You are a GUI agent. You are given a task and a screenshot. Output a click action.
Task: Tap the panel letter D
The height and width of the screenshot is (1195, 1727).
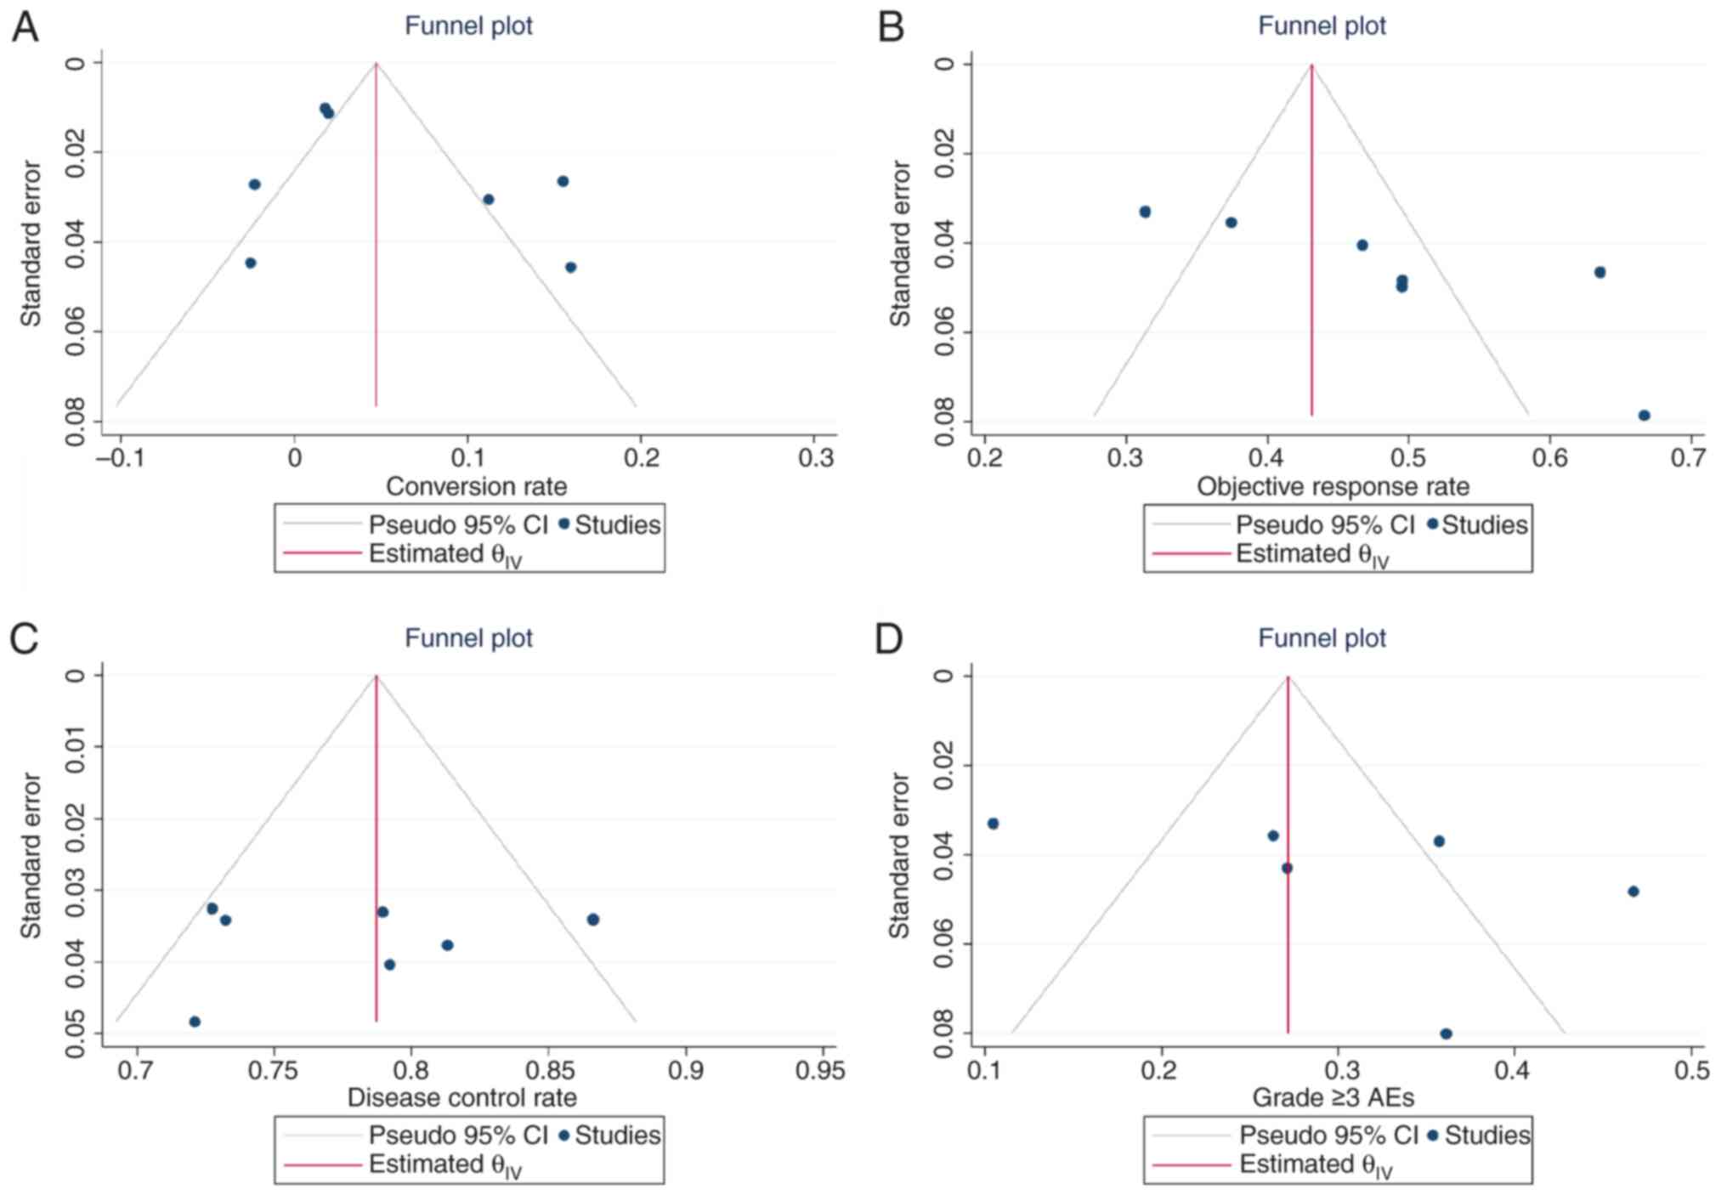tap(888, 638)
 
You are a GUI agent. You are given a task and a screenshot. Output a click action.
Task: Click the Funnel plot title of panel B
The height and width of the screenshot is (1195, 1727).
tap(1322, 25)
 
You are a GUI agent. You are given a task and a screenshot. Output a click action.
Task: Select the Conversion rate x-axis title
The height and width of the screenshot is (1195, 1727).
tap(476, 486)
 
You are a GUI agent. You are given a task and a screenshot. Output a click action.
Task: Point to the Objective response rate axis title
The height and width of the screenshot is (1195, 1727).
tap(1333, 486)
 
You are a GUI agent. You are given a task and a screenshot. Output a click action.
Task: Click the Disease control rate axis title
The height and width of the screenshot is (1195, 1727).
tap(461, 1097)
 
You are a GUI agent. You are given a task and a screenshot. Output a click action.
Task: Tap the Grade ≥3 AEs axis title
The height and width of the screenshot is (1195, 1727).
tap(1333, 1097)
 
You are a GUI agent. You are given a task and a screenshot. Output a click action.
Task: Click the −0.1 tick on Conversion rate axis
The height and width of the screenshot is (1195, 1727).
tap(119, 458)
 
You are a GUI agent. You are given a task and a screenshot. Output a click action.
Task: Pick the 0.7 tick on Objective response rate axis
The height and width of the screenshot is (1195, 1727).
tap(1689, 458)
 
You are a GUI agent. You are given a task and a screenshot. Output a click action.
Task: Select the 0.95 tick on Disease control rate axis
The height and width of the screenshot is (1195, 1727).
tap(821, 1069)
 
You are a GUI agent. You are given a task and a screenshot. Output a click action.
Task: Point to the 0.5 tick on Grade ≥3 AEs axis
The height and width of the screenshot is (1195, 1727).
tap(1690, 1069)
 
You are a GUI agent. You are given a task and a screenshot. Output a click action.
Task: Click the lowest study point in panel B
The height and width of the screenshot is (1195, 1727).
tap(1644, 416)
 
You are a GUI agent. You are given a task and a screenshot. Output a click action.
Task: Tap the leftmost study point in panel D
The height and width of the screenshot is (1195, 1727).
tap(993, 824)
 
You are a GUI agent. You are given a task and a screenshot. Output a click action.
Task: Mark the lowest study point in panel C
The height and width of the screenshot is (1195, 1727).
tap(195, 1022)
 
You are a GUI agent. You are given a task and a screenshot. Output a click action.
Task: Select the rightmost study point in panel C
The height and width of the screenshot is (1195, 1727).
tap(592, 920)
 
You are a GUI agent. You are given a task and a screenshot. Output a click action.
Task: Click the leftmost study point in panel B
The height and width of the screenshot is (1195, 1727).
tap(1145, 212)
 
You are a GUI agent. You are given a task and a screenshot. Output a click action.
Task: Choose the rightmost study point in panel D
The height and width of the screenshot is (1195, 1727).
tap(1633, 892)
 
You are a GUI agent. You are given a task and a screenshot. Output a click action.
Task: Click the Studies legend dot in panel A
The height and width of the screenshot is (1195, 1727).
tap(563, 524)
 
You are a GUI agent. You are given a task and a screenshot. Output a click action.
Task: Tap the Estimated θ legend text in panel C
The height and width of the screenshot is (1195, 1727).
tap(444, 1165)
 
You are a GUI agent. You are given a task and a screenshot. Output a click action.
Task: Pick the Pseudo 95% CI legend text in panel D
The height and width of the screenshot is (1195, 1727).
tap(1328, 1136)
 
